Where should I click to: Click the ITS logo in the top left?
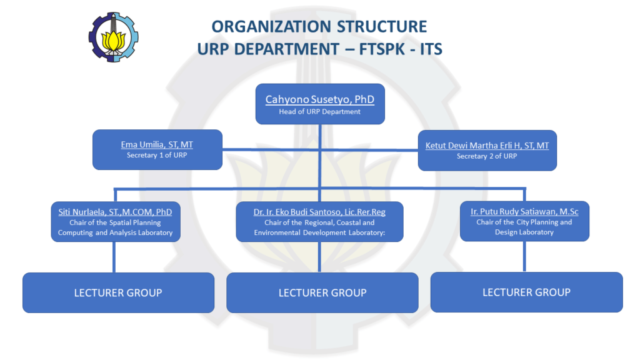[x=113, y=37]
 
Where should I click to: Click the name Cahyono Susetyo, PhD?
[x=319, y=99]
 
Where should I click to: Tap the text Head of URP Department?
[x=319, y=112]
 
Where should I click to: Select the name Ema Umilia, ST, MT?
[x=157, y=145]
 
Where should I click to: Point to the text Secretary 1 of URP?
[x=157, y=155]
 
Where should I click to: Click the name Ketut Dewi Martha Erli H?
[x=487, y=146]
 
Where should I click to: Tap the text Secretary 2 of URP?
[x=487, y=156]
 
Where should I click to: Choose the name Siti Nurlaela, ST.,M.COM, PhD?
[x=115, y=212]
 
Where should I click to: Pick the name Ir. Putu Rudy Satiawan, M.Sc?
[x=524, y=212]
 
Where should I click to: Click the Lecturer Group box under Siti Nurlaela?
[x=118, y=292]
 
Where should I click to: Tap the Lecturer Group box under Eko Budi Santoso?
[x=322, y=292]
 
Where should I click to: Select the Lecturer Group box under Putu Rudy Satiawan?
[x=526, y=292]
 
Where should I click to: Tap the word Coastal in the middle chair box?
[x=346, y=222]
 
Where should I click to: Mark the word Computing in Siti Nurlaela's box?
[x=76, y=232]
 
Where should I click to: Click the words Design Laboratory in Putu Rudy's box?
[x=524, y=232]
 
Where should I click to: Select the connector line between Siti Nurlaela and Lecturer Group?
[x=114, y=257]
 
